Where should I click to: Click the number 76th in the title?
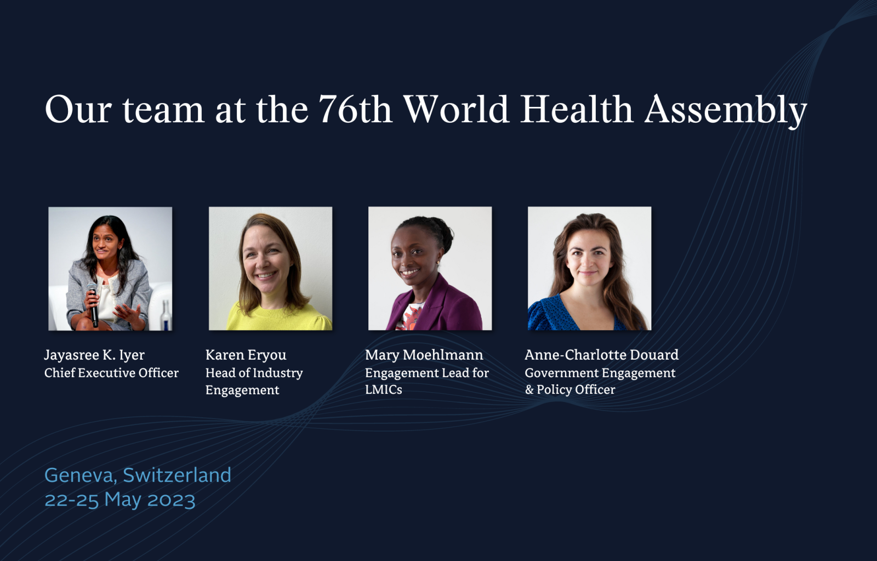point(355,109)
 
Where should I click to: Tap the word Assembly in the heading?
point(726,111)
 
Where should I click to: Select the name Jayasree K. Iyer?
point(94,355)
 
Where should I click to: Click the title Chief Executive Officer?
point(111,372)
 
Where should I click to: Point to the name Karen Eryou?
point(246,355)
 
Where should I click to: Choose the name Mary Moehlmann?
point(424,355)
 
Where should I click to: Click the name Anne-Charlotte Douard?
point(601,355)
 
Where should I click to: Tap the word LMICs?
point(383,389)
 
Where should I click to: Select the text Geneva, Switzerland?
point(138,475)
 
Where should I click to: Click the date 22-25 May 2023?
point(120,500)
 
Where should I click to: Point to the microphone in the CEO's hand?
point(93,304)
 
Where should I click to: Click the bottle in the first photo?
point(166,315)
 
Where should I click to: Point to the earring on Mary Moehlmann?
point(437,263)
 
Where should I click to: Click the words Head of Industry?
point(254,372)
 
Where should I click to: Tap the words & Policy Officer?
point(570,389)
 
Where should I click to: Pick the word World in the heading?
point(456,109)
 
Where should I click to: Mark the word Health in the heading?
point(576,109)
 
